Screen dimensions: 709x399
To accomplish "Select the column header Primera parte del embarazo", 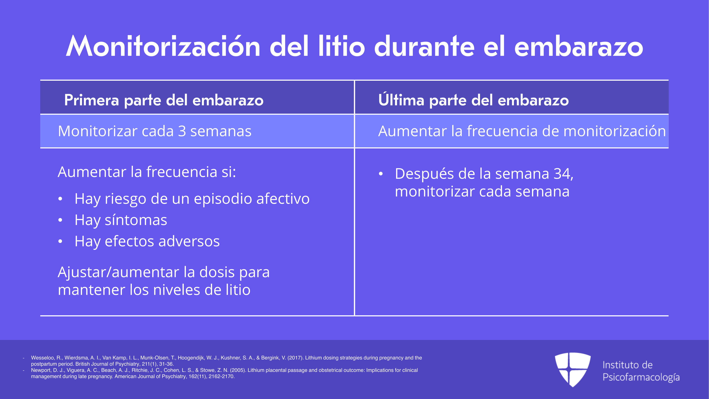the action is click(x=164, y=100).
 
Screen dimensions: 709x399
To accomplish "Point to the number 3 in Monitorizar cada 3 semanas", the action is click(x=182, y=131).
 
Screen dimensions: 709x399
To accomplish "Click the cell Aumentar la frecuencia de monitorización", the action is click(x=522, y=131).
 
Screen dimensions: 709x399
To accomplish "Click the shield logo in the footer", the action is click(x=573, y=370).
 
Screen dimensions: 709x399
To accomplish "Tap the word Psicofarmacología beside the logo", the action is click(x=641, y=377).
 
